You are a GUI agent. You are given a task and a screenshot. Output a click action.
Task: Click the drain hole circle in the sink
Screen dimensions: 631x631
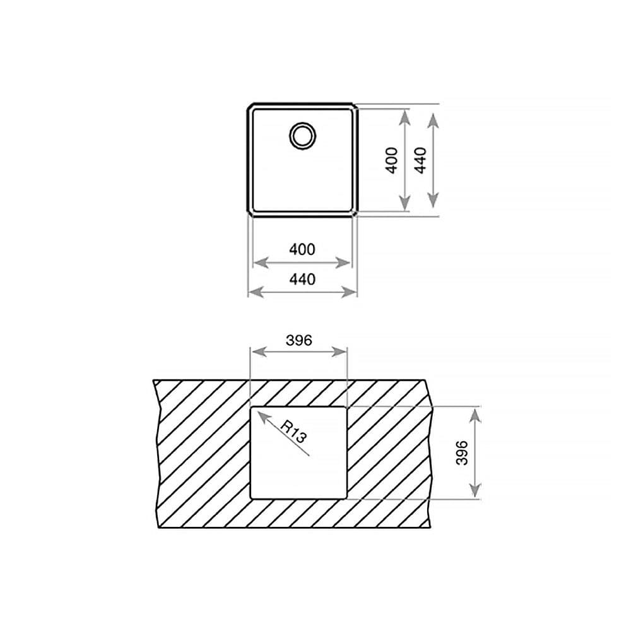tap(303, 124)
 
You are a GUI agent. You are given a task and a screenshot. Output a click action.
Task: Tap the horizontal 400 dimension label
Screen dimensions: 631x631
tap(302, 249)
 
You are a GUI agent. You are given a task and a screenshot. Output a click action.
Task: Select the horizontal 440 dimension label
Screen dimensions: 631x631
tap(302, 279)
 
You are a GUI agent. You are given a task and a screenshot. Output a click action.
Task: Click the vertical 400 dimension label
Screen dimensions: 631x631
tap(392, 160)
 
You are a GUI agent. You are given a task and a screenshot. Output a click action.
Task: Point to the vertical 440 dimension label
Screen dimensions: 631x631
tap(420, 160)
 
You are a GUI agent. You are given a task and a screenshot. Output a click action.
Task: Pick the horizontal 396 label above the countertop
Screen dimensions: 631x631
tap(298, 341)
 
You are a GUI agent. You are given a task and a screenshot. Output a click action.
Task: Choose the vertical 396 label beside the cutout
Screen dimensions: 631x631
tap(462, 452)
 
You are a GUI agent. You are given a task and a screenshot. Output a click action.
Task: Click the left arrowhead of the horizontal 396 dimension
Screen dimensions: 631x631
tap(259, 352)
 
